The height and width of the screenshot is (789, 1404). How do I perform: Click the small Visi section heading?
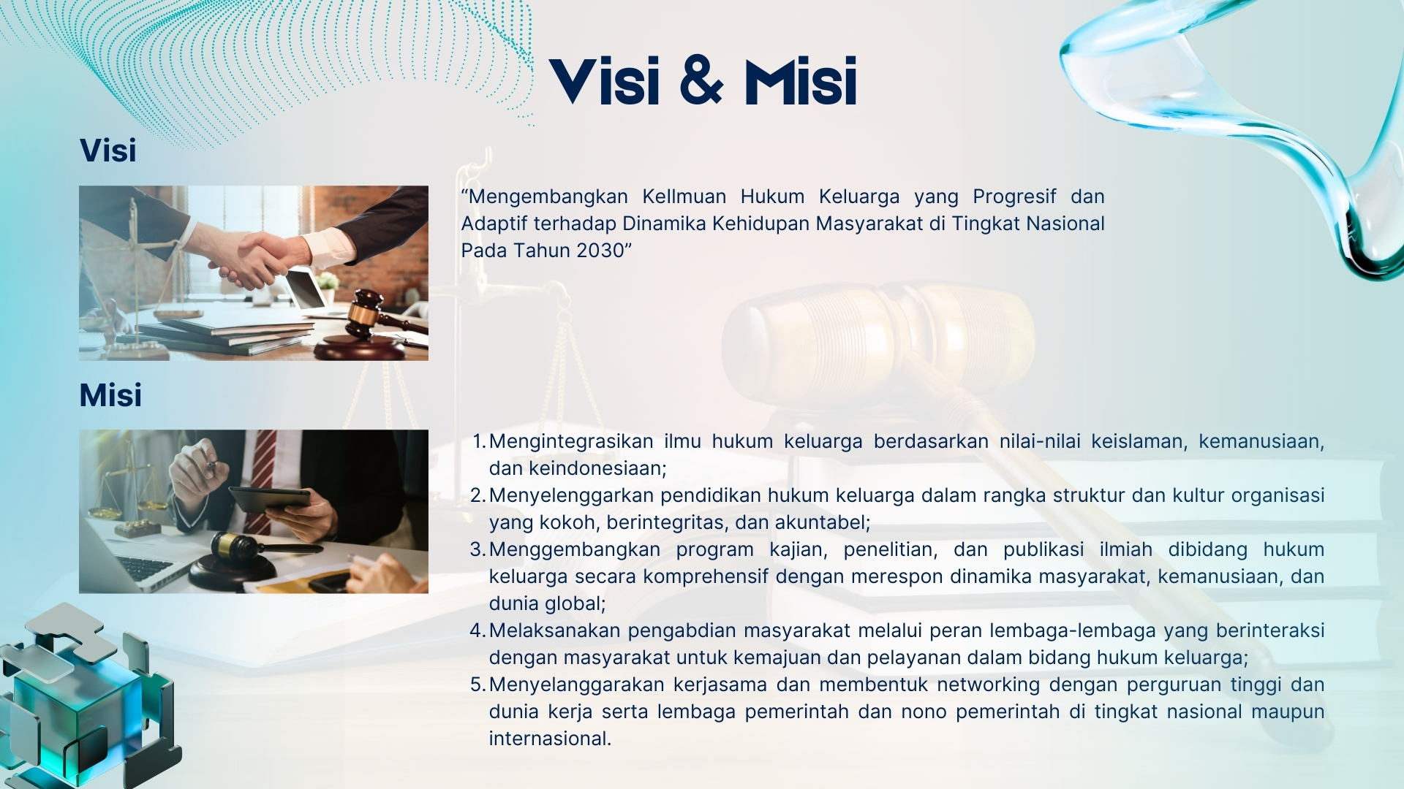[x=108, y=150]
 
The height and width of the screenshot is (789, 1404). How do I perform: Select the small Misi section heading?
[x=110, y=395]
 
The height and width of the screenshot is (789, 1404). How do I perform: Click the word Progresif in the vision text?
[x=1014, y=197]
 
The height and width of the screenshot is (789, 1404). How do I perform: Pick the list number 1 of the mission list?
[x=479, y=442]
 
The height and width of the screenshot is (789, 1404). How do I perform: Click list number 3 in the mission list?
[x=478, y=549]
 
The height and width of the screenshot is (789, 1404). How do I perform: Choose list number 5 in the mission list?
[x=478, y=685]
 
